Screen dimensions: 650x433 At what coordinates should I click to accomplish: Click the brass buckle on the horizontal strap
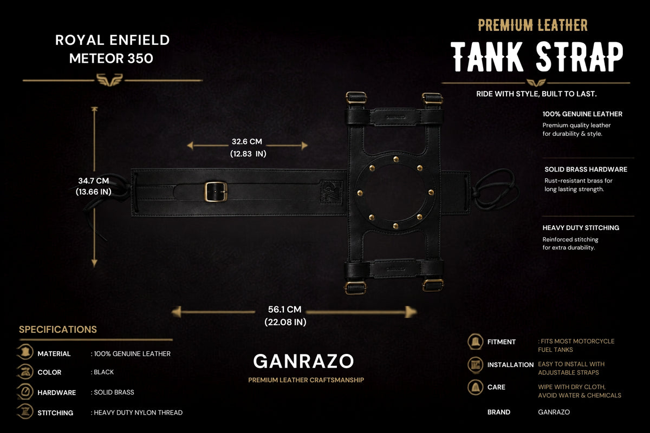click(x=216, y=192)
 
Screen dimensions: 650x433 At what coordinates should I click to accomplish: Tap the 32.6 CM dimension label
click(x=247, y=141)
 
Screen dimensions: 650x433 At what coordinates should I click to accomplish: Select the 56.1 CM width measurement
click(x=285, y=310)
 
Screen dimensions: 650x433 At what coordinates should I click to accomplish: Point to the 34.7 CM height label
click(x=93, y=181)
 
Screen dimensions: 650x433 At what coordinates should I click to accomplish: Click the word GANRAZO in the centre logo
click(x=303, y=362)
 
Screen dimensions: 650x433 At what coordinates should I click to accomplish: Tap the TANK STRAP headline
click(x=537, y=56)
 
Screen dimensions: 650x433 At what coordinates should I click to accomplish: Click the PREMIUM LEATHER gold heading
click(x=533, y=25)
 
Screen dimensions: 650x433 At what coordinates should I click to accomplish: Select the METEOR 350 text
click(x=111, y=58)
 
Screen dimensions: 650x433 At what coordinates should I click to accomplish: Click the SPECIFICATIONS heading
click(x=58, y=330)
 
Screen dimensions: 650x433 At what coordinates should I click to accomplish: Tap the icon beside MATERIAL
click(x=26, y=352)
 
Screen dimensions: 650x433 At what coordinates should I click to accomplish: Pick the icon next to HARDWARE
click(x=25, y=391)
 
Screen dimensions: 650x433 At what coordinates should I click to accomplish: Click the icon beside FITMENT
click(x=476, y=342)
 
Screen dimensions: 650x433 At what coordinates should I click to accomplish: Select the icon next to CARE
click(x=476, y=387)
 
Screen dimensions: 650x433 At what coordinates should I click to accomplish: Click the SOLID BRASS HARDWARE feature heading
click(x=586, y=169)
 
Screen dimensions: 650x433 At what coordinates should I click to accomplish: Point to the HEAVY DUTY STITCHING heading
click(x=581, y=228)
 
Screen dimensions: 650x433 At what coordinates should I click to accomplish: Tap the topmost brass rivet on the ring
click(x=396, y=159)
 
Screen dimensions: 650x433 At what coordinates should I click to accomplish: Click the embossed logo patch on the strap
click(x=331, y=192)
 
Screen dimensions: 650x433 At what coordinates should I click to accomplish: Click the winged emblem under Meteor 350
click(x=109, y=80)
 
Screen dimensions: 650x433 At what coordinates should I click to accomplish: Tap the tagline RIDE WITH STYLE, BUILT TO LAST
click(x=536, y=94)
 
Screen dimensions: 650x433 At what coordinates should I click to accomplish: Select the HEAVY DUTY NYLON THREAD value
click(x=138, y=412)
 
